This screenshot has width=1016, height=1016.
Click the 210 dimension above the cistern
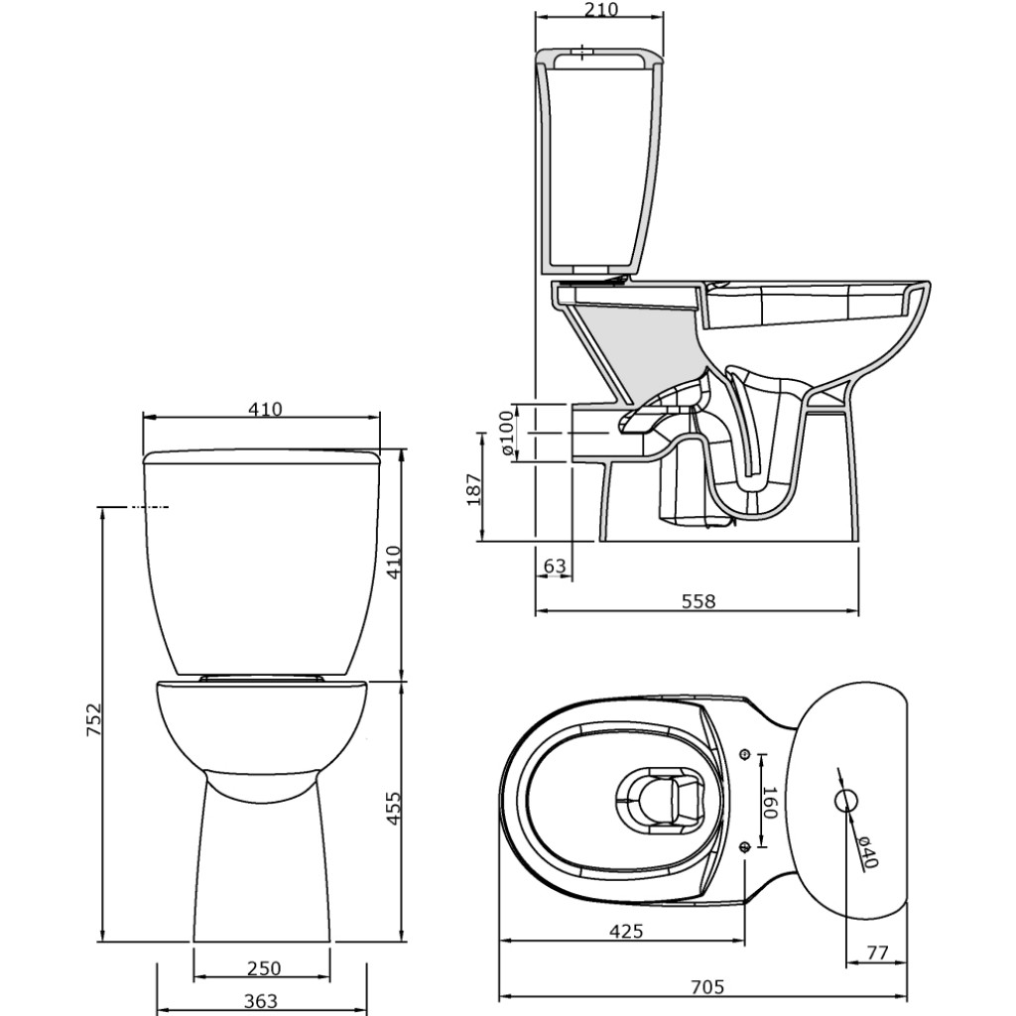601,10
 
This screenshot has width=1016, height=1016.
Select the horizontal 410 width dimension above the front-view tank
265,409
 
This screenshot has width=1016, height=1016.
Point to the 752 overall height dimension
93,721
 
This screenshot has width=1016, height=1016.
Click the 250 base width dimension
264,968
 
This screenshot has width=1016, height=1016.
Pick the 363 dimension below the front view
261,1001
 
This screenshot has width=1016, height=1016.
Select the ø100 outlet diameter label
507,434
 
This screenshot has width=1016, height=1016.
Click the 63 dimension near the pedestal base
555,567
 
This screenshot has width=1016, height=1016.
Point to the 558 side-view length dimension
698,601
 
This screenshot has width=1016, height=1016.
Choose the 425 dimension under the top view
626,931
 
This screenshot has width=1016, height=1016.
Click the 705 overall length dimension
706,986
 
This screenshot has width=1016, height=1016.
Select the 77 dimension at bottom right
876,952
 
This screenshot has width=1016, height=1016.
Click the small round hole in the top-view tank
846,800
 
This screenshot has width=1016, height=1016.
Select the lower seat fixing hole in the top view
745,846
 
